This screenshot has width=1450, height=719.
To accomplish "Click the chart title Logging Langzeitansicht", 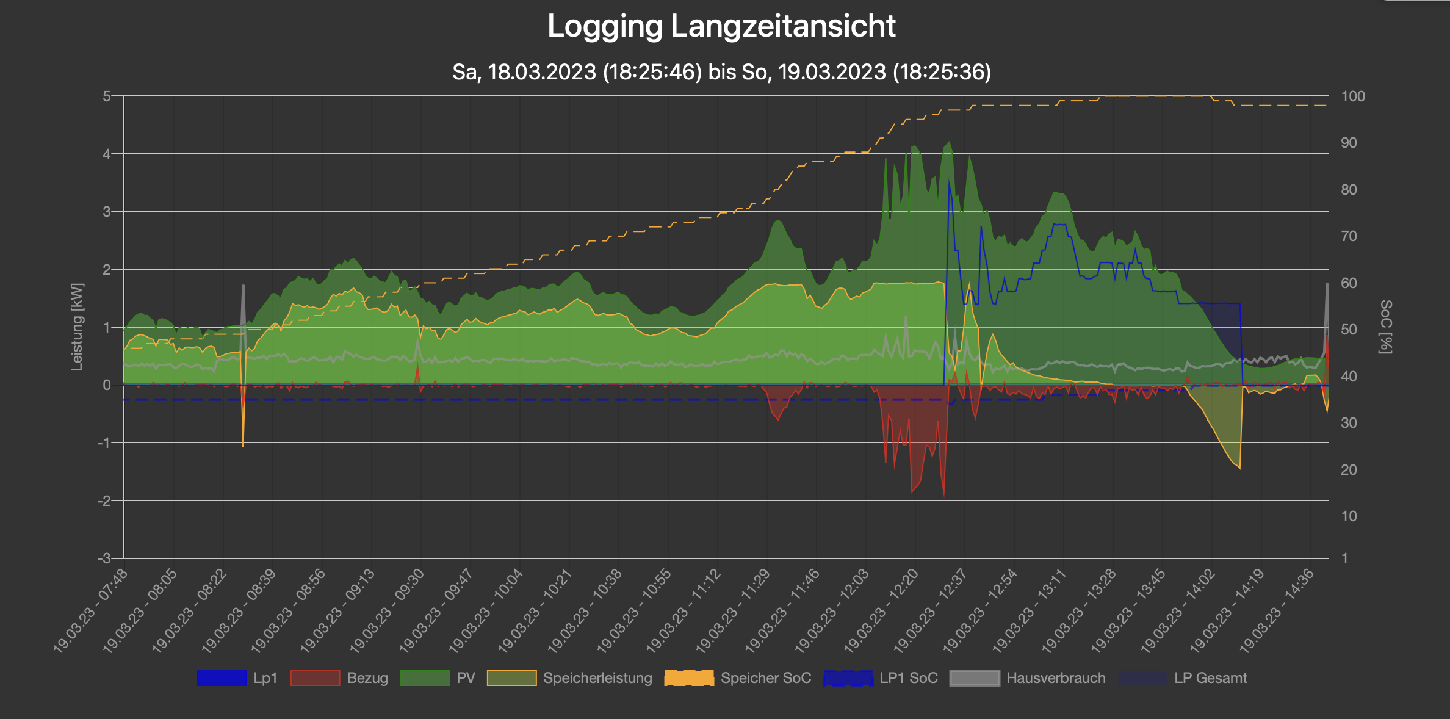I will point(721,27).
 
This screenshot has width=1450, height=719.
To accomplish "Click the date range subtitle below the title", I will point(721,72).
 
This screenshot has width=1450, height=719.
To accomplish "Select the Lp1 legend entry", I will point(237,678).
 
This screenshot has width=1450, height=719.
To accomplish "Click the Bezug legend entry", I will point(339,678).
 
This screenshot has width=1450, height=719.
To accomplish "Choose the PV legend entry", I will point(438,678).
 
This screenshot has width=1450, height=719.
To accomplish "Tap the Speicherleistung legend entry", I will point(570,678).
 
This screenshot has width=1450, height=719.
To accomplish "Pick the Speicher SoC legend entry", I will point(738,678).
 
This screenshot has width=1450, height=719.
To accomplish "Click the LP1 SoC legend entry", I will point(880,678).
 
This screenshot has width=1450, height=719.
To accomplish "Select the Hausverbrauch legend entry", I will point(1028,678).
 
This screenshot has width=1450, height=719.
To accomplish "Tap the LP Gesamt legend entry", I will point(1183,678).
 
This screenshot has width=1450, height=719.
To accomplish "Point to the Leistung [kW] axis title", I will point(77,327).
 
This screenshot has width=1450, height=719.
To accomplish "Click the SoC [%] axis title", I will point(1385,327).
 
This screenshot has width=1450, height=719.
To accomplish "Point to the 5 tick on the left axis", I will point(107,96).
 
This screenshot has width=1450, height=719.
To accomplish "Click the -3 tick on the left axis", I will point(104,558).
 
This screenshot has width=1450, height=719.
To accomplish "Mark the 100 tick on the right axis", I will point(1353,96).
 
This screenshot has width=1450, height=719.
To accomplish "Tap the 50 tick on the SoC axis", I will point(1349,330).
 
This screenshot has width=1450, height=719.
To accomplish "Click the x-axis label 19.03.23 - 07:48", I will point(92,610).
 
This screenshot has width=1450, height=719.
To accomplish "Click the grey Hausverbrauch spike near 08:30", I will point(243,287).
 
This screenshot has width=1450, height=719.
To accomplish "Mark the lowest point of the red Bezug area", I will point(944,494).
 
